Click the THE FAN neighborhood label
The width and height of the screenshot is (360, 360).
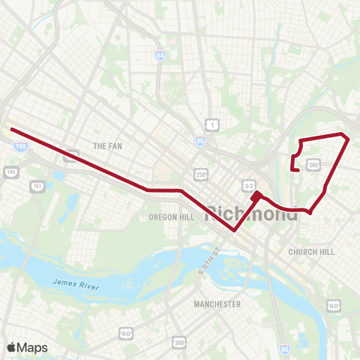point(107,145)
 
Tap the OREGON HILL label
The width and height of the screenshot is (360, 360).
point(172,217)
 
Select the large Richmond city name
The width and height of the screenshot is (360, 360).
point(251,211)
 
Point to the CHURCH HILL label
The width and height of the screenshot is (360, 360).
point(311,252)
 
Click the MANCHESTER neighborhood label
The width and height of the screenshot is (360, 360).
point(217,304)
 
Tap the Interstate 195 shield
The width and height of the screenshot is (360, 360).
point(20,148)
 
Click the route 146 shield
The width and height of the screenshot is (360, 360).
point(10,172)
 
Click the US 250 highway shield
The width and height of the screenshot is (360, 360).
point(201,173)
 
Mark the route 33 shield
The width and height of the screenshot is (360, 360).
point(247,184)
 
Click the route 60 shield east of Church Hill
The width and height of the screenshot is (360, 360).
point(334,305)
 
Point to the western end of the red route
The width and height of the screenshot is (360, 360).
point(11,129)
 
